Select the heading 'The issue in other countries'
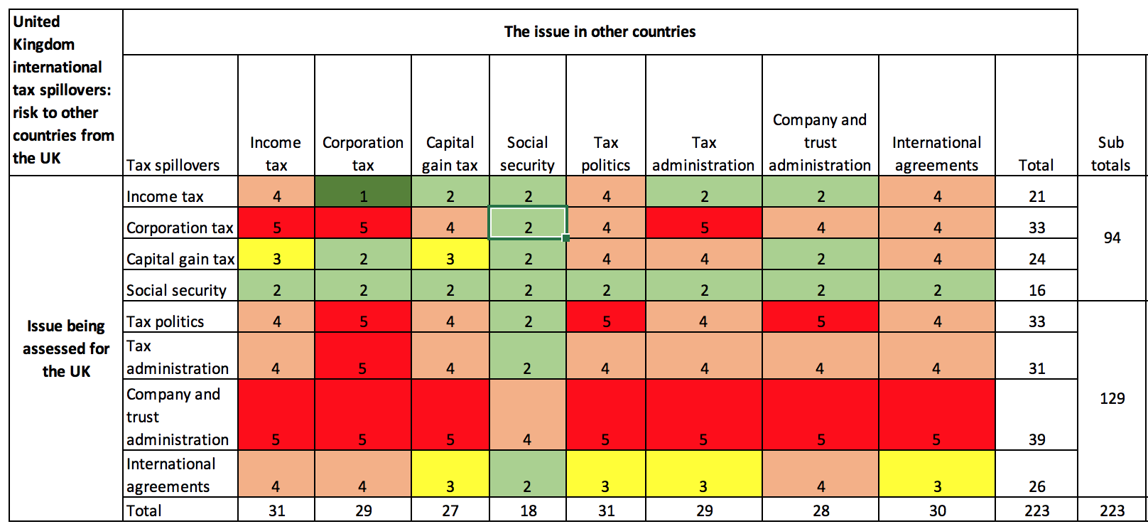coord(600,32)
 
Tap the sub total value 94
coord(1112,238)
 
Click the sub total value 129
coord(1112,398)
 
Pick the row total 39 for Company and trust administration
coord(1036,439)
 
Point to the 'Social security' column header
coord(527,154)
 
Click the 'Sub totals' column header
coord(1110,154)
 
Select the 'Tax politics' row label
coord(166,321)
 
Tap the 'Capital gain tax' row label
coord(180,259)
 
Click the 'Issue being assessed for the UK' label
coord(66,348)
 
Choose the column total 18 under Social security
coord(528,511)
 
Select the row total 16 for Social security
coord(1036,290)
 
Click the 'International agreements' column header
coord(936,154)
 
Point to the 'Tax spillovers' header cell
coord(173,165)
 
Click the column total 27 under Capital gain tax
coord(450,511)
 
